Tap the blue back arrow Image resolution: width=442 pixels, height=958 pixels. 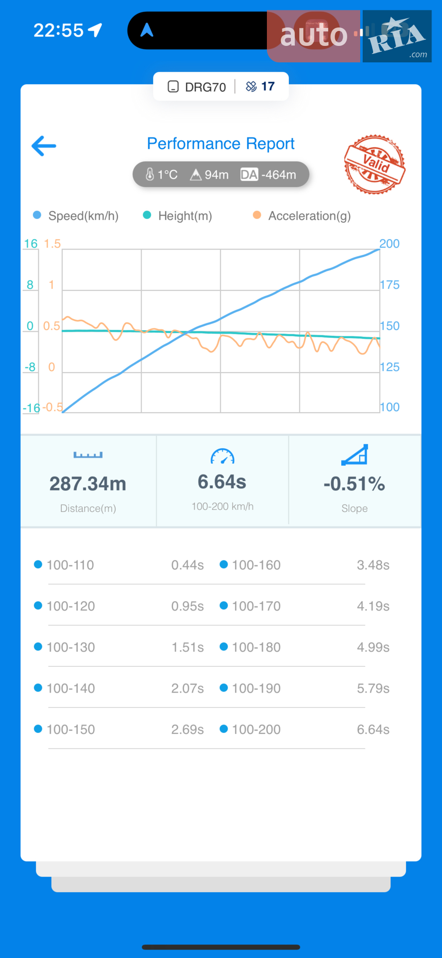pyautogui.click(x=44, y=146)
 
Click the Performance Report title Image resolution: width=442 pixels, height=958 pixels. pyautogui.click(x=221, y=144)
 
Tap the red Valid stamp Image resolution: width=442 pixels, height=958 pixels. pyautogui.click(x=375, y=164)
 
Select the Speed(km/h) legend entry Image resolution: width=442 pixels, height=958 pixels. pyautogui.click(x=76, y=216)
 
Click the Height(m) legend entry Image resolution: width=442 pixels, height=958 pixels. pyautogui.click(x=178, y=216)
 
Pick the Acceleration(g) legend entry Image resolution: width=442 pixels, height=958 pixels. pyautogui.click(x=302, y=216)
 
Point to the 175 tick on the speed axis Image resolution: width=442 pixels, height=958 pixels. pyautogui.click(x=390, y=285)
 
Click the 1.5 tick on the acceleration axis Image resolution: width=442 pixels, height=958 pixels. pyautogui.click(x=52, y=243)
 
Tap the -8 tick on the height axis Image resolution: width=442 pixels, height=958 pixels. pyautogui.click(x=30, y=367)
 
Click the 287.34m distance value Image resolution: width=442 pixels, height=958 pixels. pyautogui.click(x=88, y=483)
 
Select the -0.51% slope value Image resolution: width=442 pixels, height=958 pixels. pyautogui.click(x=354, y=483)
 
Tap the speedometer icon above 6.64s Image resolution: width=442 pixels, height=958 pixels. pyautogui.click(x=222, y=456)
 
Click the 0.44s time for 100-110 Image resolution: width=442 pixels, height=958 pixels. pyautogui.click(x=188, y=565)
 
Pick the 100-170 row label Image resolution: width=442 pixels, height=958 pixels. pyautogui.click(x=256, y=606)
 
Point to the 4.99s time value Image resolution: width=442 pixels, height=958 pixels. pyautogui.click(x=373, y=647)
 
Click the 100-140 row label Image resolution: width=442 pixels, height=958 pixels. pyautogui.click(x=71, y=688)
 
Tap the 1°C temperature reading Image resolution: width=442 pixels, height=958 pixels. pyautogui.click(x=162, y=175)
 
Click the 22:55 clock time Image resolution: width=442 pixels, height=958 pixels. pyautogui.click(x=58, y=30)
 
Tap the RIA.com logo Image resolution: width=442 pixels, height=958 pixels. pyautogui.click(x=397, y=36)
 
